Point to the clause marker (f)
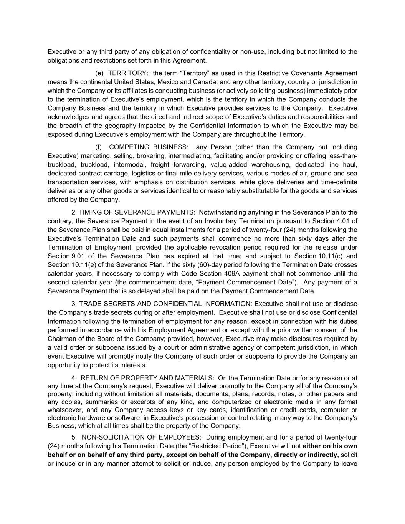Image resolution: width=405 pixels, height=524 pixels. [99, 147]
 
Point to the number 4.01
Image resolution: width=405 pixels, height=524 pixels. [341, 221]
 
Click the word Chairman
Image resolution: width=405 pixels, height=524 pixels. [61, 339]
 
